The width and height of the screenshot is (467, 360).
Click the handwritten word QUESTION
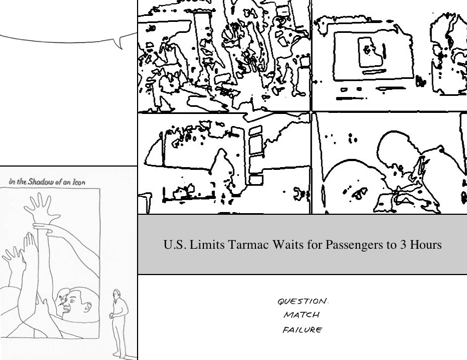(303, 301)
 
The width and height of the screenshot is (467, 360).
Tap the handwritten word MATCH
(301, 315)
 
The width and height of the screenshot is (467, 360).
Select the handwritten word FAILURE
(303, 330)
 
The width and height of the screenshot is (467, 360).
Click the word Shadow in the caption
(39, 181)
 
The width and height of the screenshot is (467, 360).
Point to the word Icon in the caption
(78, 182)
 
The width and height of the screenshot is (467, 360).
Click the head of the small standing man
(117, 294)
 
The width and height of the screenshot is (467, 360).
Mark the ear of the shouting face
(88, 306)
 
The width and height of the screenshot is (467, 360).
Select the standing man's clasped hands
(112, 315)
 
